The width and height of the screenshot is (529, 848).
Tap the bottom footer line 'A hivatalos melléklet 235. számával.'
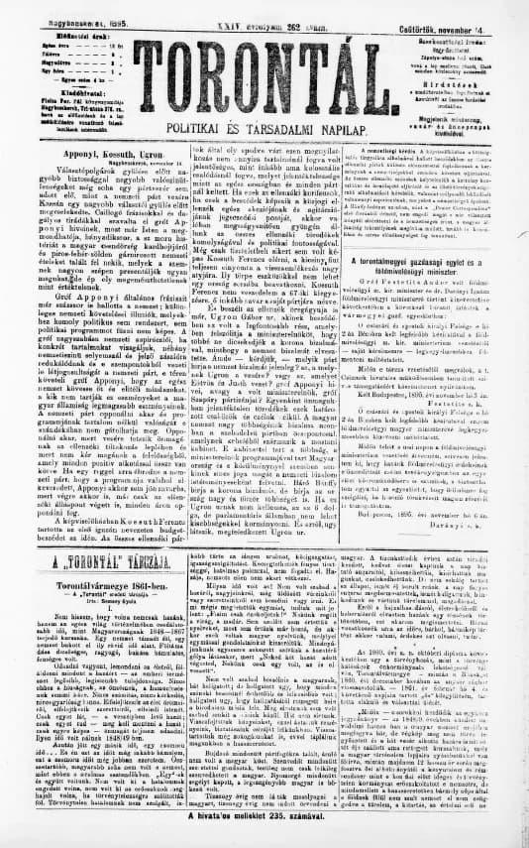coord(264,835)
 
